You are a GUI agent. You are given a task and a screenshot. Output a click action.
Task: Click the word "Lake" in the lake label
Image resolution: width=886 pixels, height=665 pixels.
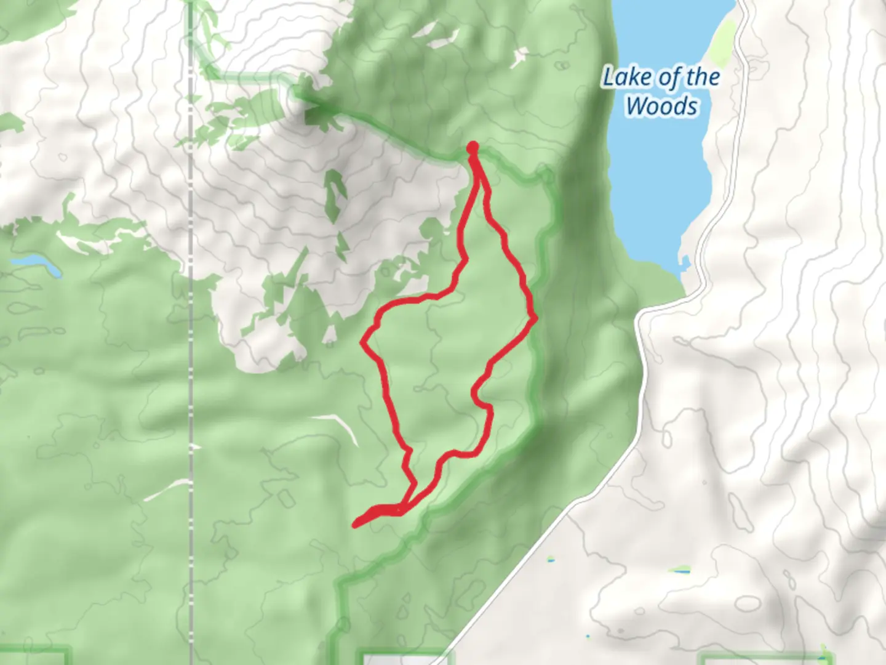pos(623,78)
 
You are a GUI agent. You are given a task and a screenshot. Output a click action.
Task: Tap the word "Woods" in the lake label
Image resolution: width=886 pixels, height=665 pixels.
pos(662,106)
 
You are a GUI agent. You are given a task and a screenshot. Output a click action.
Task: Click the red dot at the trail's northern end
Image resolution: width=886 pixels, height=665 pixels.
pos(473,147)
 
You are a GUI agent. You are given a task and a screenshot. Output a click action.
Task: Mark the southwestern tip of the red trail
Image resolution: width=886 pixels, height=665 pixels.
pos(356,525)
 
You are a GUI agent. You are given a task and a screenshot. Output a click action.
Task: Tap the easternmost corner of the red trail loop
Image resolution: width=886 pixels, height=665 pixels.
pos(535,317)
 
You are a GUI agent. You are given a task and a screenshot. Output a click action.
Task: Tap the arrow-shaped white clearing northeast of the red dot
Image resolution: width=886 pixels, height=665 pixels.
pos(518,57)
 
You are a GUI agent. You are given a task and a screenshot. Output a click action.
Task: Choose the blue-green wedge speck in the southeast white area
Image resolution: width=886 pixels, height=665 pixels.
pos(680,570)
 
